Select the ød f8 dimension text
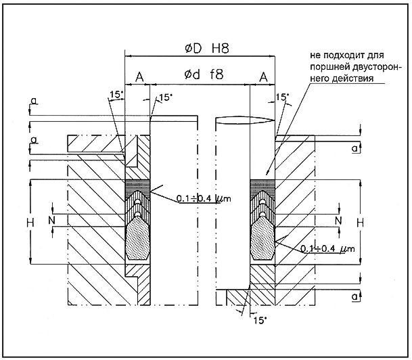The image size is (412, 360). tap(201, 75)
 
